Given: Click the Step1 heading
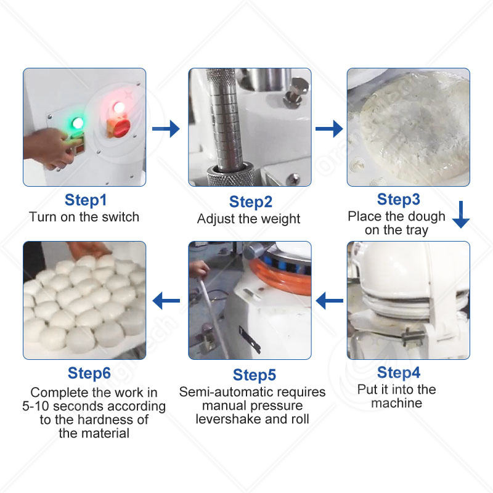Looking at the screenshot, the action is tap(86, 200).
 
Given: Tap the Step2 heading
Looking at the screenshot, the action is tap(251, 202).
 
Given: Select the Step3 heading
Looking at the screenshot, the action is tap(398, 199).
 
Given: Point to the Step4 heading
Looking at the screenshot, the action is tap(398, 373).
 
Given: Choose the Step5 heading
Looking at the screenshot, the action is tap(255, 375).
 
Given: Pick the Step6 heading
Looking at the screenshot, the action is tap(89, 373).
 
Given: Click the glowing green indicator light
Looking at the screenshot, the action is tap(78, 123).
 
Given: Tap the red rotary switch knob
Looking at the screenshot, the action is tap(119, 128).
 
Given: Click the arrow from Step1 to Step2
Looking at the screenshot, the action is tap(166, 129).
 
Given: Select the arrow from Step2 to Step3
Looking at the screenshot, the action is tap(329, 129).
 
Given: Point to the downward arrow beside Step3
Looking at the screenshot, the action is tap(461, 214).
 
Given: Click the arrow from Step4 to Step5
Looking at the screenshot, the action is tap(329, 301).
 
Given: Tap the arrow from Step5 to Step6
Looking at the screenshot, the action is tap(166, 301).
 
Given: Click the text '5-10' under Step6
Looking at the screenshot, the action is tap(36, 406).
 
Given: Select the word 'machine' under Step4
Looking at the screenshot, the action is tap(396, 403).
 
